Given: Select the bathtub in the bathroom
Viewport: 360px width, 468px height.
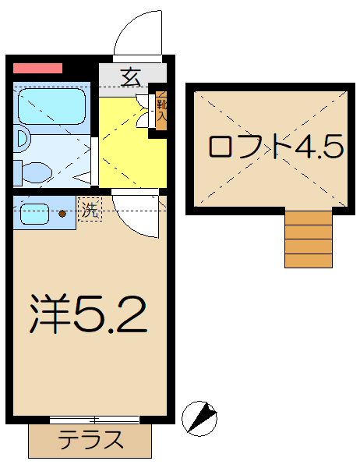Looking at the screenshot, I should pyautogui.click(x=52, y=105).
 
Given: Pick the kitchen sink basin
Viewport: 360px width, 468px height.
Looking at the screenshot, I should pyautogui.click(x=35, y=212).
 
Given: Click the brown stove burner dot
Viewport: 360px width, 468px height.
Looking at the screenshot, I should pyautogui.click(x=63, y=212).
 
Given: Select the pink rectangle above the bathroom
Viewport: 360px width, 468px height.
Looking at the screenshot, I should pyautogui.click(x=37, y=69).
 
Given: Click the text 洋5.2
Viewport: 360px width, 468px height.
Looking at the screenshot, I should pyautogui.click(x=88, y=314).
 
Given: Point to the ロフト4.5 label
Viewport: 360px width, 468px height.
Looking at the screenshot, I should pyautogui.click(x=276, y=147).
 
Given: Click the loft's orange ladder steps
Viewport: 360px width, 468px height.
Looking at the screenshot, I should pyautogui.click(x=309, y=242).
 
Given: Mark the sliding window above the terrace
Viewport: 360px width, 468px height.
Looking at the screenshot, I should pyautogui.click(x=94, y=420).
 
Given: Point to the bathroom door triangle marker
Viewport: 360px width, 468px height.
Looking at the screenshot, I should pyautogui.click(x=93, y=160).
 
